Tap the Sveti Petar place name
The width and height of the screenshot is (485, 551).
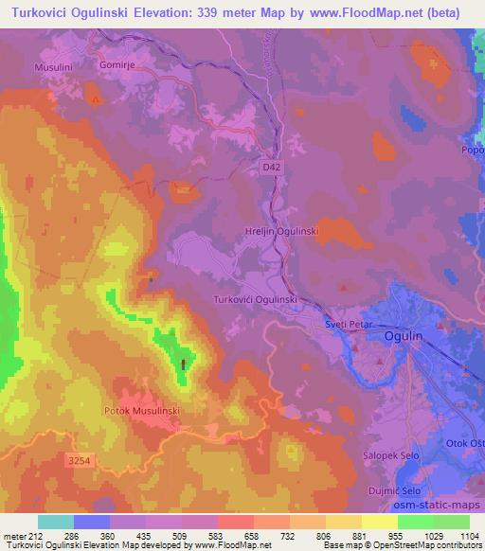point(347,323)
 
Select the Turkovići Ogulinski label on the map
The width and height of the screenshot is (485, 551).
point(256,298)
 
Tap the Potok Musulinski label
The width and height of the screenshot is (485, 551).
point(140,411)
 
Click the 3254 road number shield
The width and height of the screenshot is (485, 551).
point(81,459)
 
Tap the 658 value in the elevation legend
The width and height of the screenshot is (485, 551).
point(235,535)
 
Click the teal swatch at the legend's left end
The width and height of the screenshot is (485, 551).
point(55,522)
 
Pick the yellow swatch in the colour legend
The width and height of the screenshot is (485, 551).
point(380,522)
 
